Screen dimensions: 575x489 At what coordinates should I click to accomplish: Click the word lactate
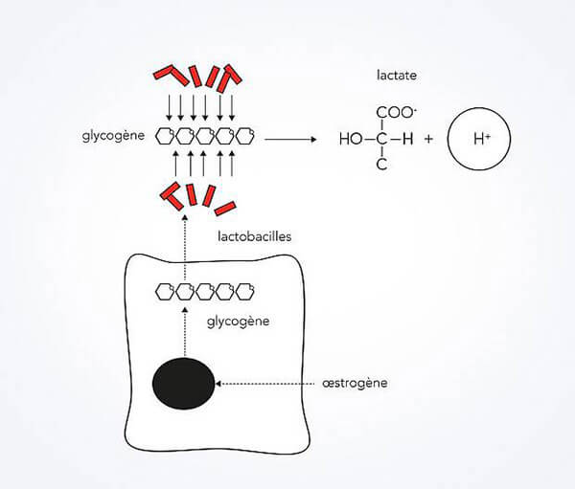pos(397,75)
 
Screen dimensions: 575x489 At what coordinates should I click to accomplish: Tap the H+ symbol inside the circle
pos(481,139)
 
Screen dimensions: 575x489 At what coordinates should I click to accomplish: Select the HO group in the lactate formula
pos(351,139)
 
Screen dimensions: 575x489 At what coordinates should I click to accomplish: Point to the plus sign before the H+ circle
pos(428,139)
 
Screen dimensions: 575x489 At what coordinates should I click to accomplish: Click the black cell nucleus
pos(183,383)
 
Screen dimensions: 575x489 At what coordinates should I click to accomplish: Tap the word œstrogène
pos(355,383)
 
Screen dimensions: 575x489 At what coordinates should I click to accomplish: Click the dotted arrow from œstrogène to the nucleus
pos(264,384)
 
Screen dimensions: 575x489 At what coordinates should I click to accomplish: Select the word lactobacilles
pos(255,236)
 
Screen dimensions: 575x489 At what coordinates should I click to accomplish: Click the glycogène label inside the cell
pos(238,322)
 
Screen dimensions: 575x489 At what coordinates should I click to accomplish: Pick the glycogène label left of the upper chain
pos(113,136)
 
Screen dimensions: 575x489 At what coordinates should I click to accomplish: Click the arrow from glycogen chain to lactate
pos(290,139)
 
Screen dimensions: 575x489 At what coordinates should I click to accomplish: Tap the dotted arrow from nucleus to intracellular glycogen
pos(185,331)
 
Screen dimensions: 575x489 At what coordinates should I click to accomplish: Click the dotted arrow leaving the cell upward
pos(185,249)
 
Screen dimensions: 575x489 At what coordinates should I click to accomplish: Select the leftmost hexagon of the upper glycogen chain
pos(165,136)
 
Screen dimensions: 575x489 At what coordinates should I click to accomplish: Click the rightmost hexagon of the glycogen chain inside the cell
pos(244,292)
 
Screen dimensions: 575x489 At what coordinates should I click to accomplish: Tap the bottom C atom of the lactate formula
pos(381,165)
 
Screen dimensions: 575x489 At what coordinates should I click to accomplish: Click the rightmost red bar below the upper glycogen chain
pos(225,208)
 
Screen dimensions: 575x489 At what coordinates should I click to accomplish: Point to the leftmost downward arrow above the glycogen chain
pos(169,108)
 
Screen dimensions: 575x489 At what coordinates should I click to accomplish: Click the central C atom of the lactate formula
pos(381,139)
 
